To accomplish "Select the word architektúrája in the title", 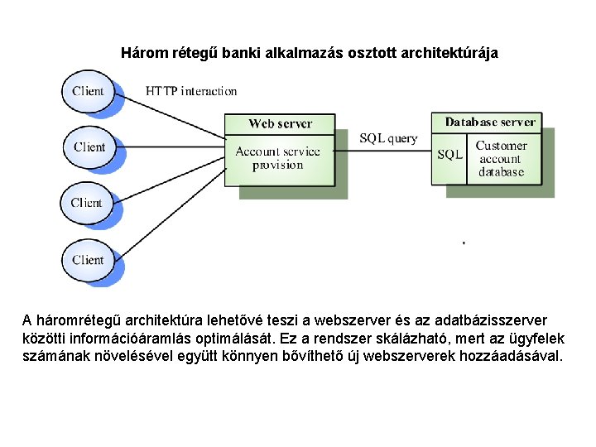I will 449,53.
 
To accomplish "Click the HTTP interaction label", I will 191,91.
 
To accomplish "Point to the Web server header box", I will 280,124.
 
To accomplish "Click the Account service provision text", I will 278,158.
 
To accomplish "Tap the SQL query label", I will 388,138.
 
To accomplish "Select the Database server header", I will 490,122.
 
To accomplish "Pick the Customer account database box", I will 501,159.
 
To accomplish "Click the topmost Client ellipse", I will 88,91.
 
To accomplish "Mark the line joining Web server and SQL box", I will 385,151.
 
